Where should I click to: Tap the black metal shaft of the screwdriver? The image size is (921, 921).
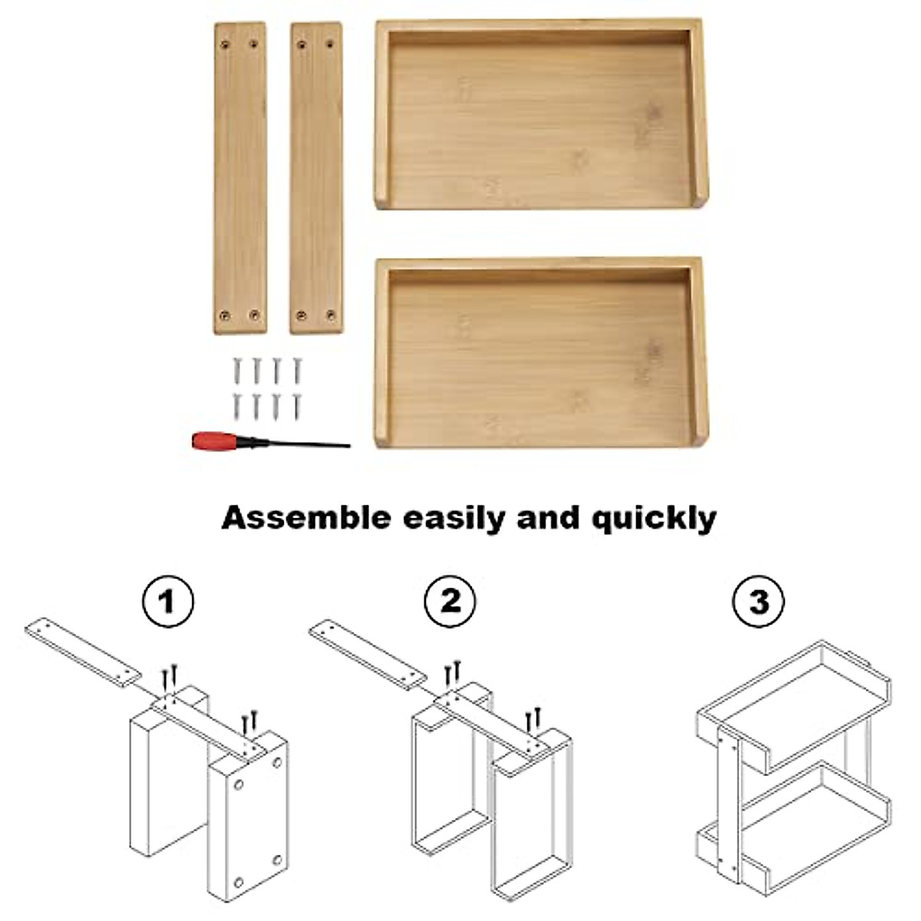[307, 444]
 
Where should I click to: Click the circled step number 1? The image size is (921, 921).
[168, 600]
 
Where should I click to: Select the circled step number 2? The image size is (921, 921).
[451, 600]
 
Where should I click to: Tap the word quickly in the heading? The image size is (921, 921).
[653, 519]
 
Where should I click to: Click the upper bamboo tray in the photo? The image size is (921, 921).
[540, 115]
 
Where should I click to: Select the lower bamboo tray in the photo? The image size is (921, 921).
[540, 353]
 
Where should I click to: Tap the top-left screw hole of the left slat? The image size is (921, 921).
[226, 45]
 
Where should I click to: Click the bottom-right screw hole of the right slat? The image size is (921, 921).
[332, 315]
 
